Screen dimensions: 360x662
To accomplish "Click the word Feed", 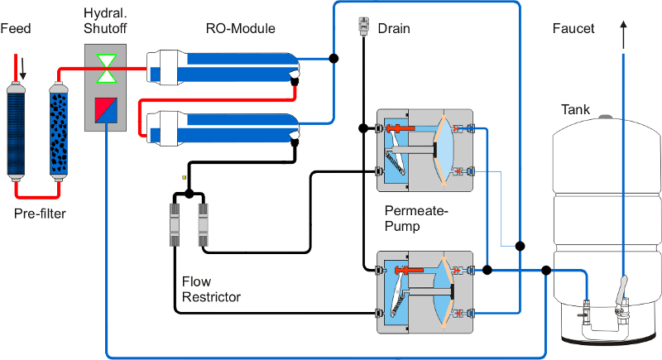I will pyautogui.click(x=16, y=30).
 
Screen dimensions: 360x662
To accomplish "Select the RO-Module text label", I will pyautogui.click(x=240, y=29).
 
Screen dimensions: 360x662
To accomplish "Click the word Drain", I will pyautogui.click(x=394, y=29).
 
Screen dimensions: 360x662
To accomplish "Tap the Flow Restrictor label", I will pyautogui.click(x=210, y=290).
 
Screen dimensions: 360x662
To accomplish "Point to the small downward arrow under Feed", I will pyautogui.click(x=22, y=71).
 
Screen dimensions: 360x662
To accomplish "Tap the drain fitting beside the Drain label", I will pyautogui.click(x=363, y=27).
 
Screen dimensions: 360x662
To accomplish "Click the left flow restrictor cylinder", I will pyautogui.click(x=175, y=224).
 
